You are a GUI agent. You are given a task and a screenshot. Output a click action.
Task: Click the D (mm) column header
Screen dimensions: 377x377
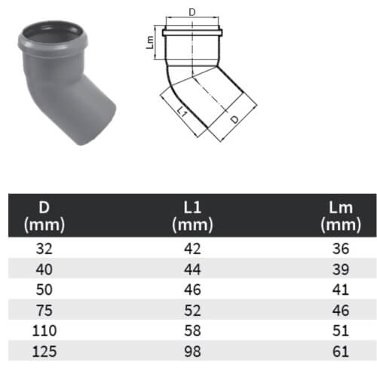click(x=44, y=216)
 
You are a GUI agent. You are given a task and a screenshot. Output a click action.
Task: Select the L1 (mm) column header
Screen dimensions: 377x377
click(x=192, y=216)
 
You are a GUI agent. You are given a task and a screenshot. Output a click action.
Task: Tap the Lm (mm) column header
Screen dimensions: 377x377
click(x=341, y=216)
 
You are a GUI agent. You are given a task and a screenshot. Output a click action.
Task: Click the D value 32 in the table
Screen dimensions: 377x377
click(x=44, y=249)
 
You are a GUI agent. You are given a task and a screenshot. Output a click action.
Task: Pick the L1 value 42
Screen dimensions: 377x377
click(x=192, y=249)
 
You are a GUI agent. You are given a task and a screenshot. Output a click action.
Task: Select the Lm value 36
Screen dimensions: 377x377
click(x=341, y=249)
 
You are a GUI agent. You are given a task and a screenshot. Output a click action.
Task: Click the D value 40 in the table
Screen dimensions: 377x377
click(x=44, y=269)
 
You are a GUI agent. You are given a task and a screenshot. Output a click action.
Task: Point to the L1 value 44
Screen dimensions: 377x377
click(x=192, y=269)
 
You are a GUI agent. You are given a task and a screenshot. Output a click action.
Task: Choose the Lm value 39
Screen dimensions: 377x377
click(x=341, y=269)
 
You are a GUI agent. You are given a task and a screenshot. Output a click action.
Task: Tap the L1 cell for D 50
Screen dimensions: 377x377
click(x=192, y=290)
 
